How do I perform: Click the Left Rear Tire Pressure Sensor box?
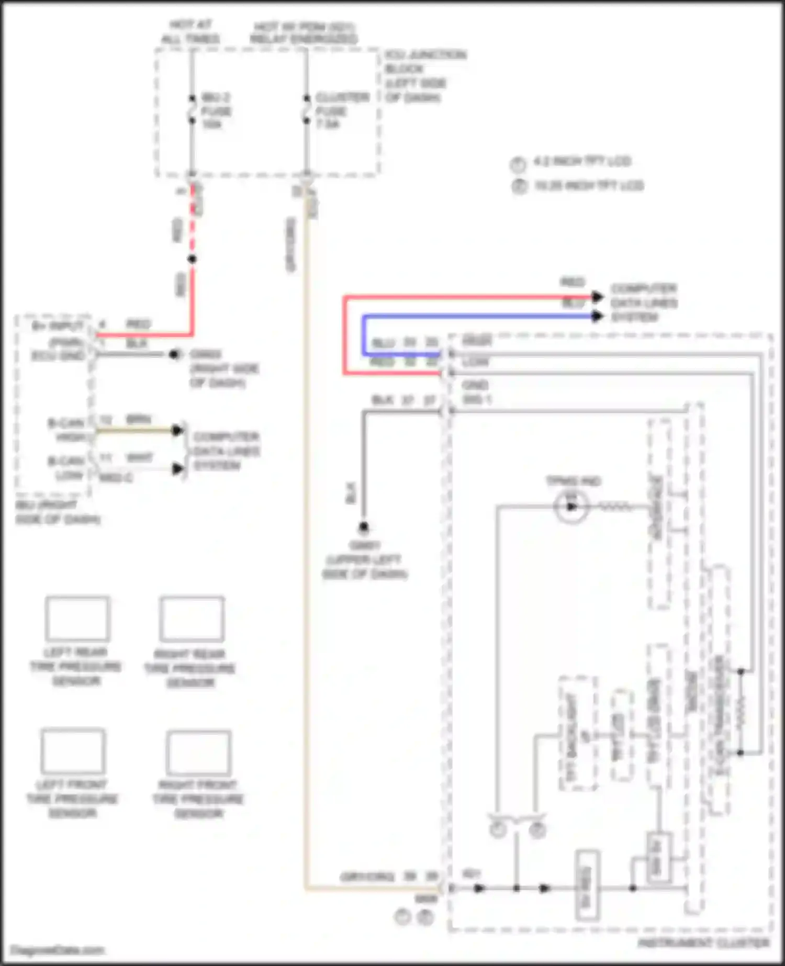coord(77,619)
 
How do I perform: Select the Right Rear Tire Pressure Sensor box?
coord(192,619)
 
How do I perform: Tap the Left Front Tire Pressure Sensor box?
coord(73,751)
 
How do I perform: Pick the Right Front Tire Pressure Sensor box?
coord(198,752)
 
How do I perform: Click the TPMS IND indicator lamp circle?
coord(571,507)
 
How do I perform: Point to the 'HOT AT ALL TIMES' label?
coord(190,32)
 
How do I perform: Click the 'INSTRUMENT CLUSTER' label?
coord(703,942)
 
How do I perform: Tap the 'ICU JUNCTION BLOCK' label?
coord(425,62)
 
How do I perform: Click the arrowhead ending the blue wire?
coord(597,316)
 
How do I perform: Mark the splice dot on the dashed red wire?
coord(192,259)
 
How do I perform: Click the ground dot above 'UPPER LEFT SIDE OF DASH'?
coord(363,526)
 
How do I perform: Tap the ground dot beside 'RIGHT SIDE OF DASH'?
coord(174,355)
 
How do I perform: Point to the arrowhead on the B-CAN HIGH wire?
coord(178,430)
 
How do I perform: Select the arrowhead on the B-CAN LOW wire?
coord(178,469)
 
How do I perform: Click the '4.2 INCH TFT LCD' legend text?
coord(581,161)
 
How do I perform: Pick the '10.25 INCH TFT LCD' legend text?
coord(588,185)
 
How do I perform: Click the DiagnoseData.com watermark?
coord(58,950)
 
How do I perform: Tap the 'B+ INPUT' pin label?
coord(58,326)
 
